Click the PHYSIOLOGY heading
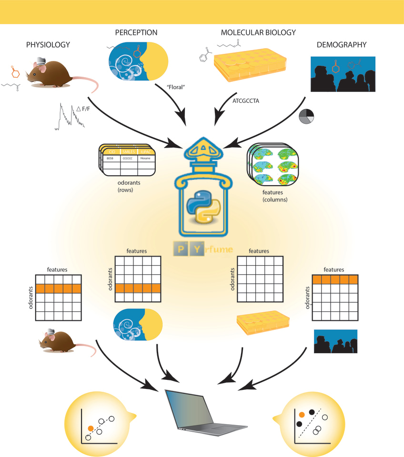coord(48,45)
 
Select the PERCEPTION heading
coord(136,33)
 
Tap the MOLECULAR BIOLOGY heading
coord(258,33)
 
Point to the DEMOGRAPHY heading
coord(342,45)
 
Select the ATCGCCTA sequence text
coord(246,101)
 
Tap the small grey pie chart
coord(306,117)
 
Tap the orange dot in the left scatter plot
coord(91,428)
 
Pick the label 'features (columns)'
coord(275,196)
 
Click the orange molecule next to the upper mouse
coord(15,74)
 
